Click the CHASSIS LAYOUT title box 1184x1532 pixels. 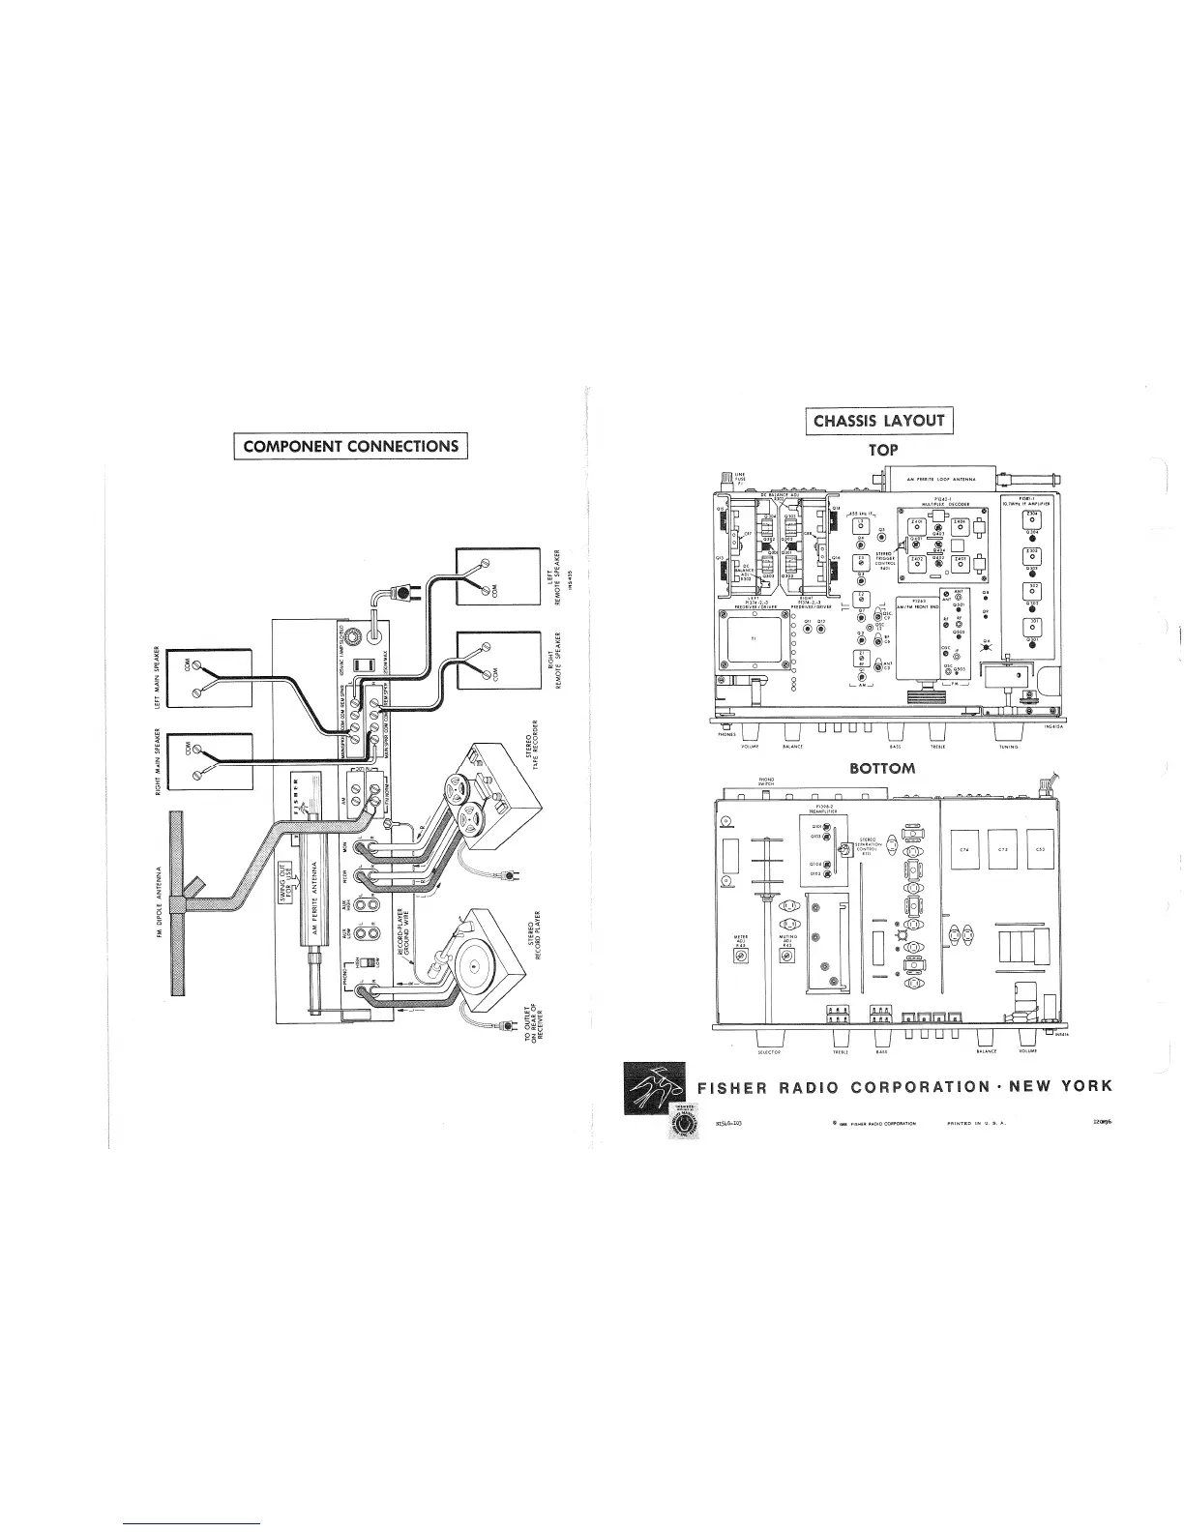(x=878, y=421)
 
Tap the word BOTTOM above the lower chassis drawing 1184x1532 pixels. (x=880, y=770)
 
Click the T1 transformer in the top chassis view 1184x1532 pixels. (x=755, y=639)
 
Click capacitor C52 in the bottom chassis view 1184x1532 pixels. (x=1041, y=850)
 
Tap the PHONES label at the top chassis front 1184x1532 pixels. (x=726, y=735)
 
